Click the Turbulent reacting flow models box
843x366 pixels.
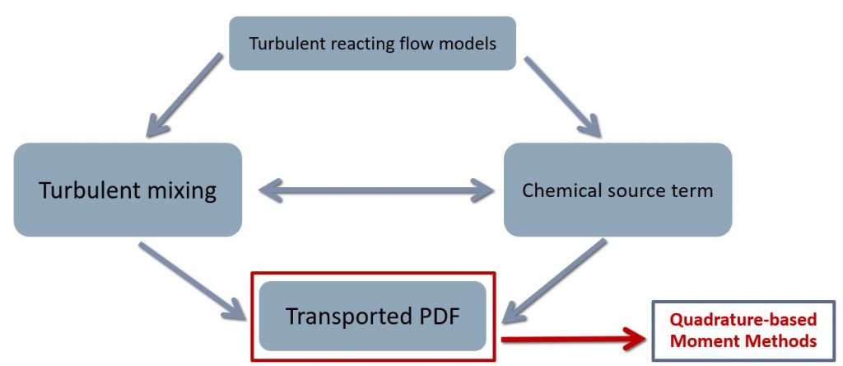372,44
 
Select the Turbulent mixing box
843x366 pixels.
128,190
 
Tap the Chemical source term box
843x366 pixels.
617,190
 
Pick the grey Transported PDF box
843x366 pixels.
372,316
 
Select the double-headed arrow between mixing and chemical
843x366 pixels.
373,192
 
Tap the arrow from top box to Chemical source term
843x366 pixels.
564,96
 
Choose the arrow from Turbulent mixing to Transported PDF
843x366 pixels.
193,280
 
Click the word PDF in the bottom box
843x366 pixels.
433,316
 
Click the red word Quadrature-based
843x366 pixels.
743,320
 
